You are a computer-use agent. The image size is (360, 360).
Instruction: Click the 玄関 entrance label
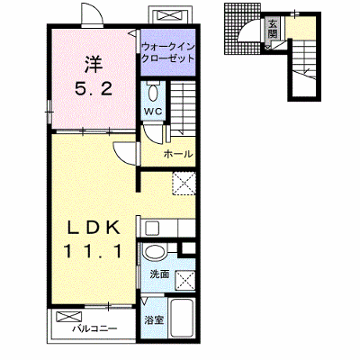point(273,29)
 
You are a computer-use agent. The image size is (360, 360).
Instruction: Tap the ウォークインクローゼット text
point(168,52)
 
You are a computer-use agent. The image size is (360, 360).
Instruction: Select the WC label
point(153,112)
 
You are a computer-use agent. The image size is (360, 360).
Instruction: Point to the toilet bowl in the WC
point(153,93)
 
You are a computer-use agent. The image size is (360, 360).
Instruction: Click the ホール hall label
point(178,154)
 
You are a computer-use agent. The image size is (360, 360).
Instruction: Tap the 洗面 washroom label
point(159,274)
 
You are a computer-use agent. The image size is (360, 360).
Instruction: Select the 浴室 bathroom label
point(154,320)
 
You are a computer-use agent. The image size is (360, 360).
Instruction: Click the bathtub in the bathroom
point(182,319)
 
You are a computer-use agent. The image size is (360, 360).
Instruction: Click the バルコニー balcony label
point(94,328)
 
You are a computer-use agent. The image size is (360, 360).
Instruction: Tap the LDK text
point(94,229)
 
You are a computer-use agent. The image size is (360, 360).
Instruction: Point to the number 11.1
point(94,251)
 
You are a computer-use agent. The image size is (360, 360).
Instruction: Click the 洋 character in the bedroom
point(94,65)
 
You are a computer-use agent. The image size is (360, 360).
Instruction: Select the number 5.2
point(94,88)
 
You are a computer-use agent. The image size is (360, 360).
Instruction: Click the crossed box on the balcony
point(68,317)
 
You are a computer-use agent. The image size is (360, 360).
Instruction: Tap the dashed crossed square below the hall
point(184,184)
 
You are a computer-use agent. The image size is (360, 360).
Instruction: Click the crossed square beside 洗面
point(184,281)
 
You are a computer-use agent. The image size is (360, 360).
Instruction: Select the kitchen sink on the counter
point(152,228)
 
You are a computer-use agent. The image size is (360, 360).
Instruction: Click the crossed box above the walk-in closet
point(170,15)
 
